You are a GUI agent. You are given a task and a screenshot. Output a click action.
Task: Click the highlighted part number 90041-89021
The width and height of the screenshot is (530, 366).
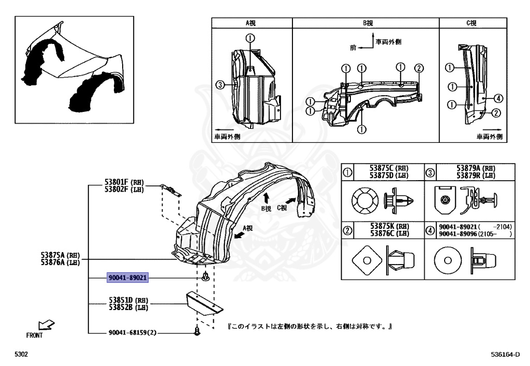coord(128,278)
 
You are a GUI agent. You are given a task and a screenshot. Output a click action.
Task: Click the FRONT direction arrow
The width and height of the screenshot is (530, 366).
coord(47,325)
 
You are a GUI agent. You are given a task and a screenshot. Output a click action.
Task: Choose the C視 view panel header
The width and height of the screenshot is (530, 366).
coord(472,23)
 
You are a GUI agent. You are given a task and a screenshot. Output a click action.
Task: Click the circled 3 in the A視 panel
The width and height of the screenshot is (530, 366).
coord(220,85)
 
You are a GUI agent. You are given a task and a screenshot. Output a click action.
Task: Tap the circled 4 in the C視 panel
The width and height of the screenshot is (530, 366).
coord(497,98)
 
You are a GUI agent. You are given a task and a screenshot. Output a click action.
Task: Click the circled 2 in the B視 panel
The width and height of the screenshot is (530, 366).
coord(419,68)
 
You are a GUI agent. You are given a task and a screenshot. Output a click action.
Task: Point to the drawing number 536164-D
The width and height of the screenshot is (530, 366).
coord(509,356)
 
